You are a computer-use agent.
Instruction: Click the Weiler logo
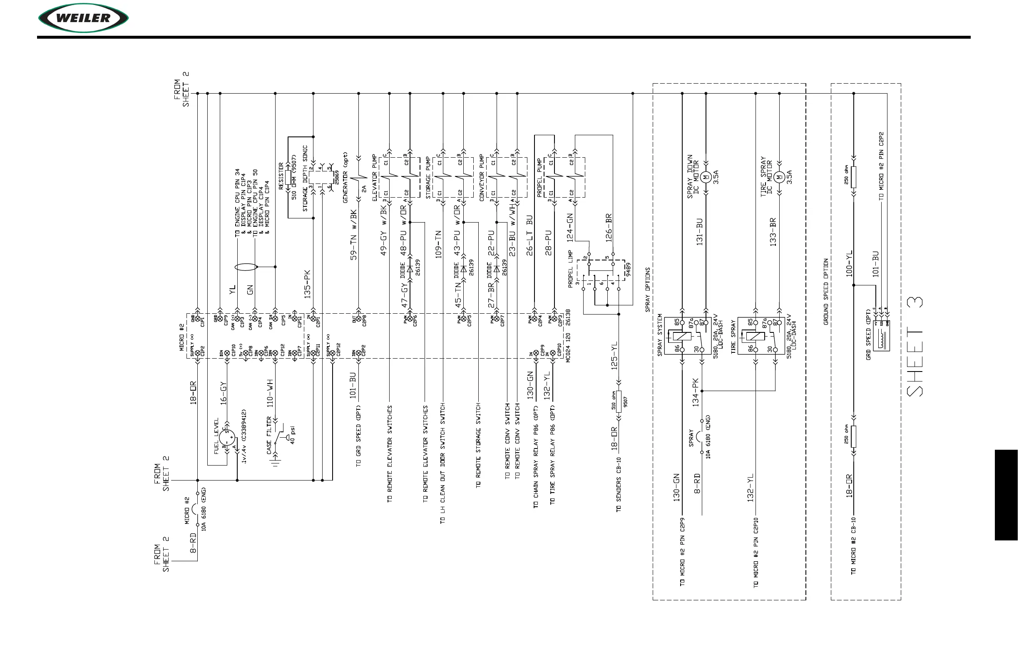(84, 18)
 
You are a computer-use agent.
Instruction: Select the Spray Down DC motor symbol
(706, 176)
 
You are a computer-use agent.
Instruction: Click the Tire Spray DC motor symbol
(779, 176)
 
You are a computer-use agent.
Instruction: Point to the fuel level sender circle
(227, 437)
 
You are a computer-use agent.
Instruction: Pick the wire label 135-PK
(307, 284)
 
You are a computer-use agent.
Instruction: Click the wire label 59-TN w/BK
(354, 235)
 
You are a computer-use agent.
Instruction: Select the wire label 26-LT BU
(529, 235)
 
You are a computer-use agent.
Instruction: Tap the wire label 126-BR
(609, 228)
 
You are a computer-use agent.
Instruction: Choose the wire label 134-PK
(696, 392)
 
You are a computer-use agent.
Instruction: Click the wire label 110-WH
(270, 392)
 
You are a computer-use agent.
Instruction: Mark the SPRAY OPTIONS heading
(648, 289)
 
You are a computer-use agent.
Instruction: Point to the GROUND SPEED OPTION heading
(826, 291)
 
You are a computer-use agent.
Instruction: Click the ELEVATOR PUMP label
(375, 178)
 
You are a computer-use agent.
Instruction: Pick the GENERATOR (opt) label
(345, 178)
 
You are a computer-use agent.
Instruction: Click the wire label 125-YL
(614, 355)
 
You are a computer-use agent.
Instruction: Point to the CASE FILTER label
(269, 435)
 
